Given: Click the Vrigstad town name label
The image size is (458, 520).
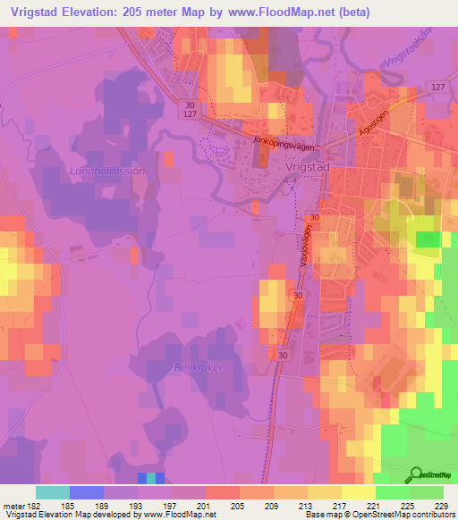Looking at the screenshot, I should pos(288,166).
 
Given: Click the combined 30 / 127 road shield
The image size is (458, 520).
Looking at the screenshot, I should pos(189,108).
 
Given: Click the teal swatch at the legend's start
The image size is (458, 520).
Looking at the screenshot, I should pos(53,492).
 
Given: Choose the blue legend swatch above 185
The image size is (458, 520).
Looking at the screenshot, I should pos(87,492).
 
